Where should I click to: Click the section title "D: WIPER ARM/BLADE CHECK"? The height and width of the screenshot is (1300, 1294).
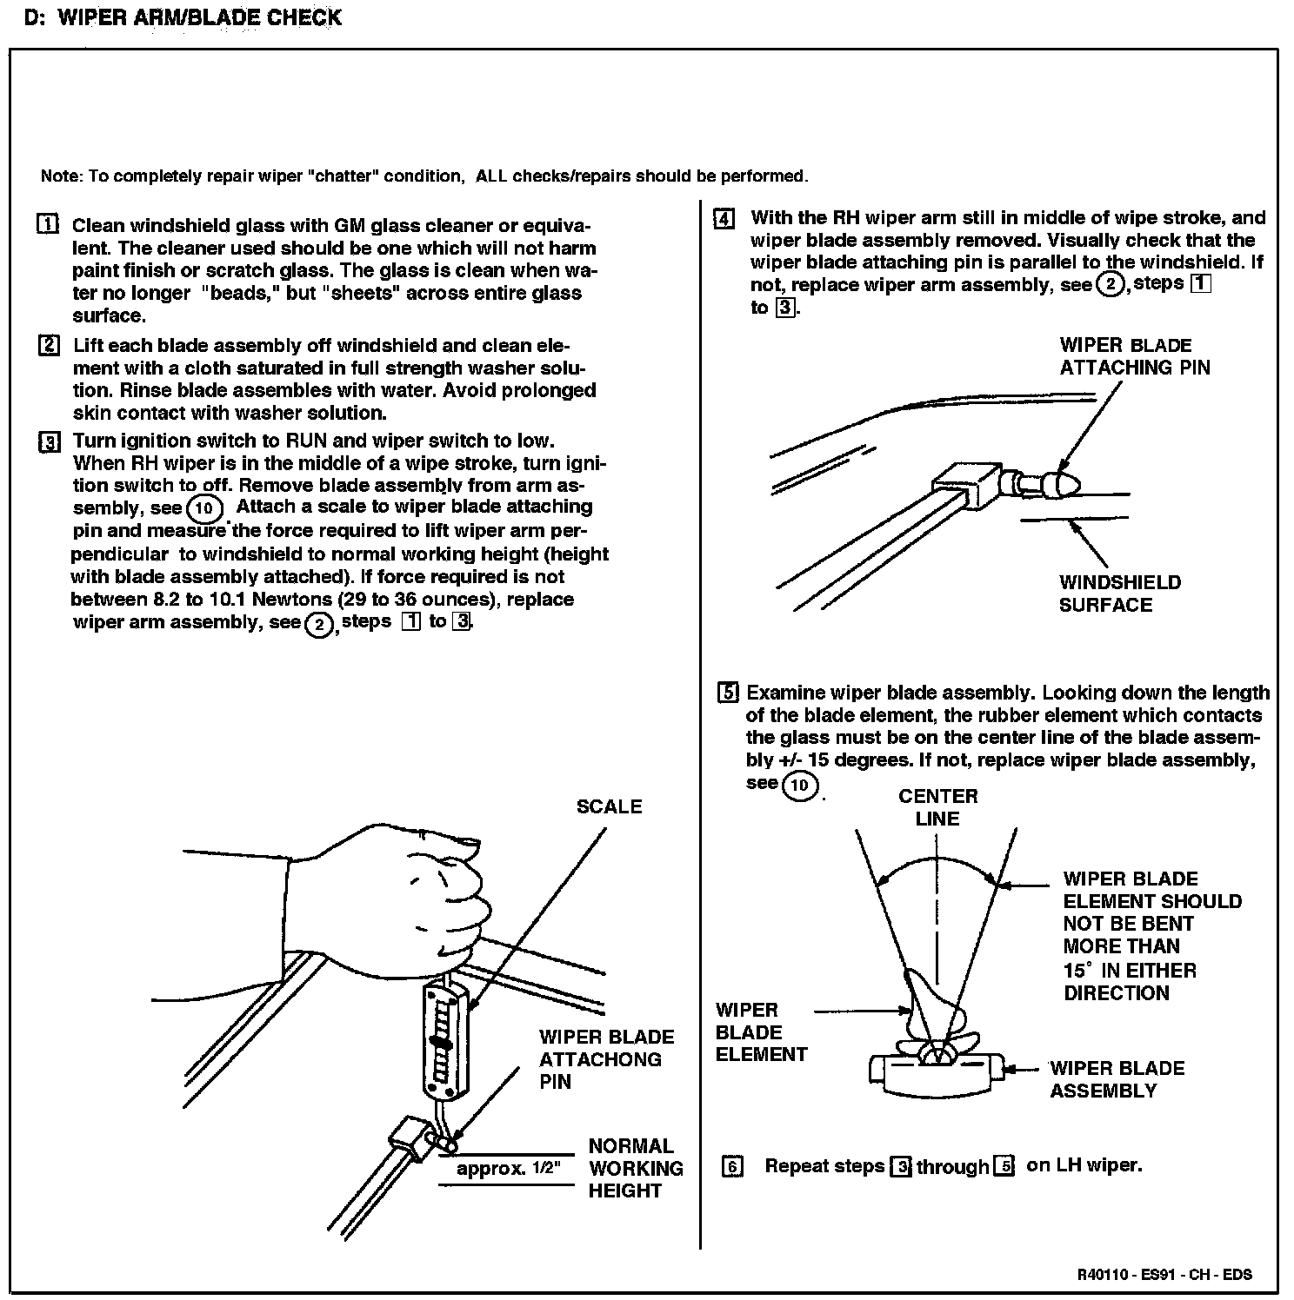click(183, 17)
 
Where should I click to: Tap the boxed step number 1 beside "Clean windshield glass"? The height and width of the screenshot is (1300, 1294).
click(49, 224)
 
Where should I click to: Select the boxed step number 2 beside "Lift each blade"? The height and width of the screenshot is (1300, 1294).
click(49, 345)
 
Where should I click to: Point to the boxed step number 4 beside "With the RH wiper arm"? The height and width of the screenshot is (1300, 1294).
click(724, 217)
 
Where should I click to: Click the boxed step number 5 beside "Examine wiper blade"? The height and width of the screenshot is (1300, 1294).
click(728, 693)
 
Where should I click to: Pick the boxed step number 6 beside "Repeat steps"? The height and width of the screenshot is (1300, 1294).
click(732, 1166)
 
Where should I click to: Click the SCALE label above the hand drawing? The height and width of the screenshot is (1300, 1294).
click(609, 806)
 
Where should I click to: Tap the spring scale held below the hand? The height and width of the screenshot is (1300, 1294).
click(444, 1038)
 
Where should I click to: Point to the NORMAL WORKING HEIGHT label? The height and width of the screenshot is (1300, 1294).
click(635, 1168)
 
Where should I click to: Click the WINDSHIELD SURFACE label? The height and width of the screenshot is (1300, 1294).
click(1119, 594)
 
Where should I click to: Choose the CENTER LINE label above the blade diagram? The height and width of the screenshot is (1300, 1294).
click(937, 807)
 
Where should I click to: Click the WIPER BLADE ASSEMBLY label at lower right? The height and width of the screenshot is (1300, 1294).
click(1117, 1079)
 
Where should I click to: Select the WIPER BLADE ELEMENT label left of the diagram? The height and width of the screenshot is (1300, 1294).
click(761, 1032)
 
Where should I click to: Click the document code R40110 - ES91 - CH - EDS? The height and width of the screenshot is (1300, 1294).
click(1164, 1275)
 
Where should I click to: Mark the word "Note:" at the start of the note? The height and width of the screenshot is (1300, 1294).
click(61, 176)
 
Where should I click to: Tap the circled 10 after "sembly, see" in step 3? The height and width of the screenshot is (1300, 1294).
click(204, 507)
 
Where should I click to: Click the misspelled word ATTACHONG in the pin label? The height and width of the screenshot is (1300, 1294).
click(600, 1059)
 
